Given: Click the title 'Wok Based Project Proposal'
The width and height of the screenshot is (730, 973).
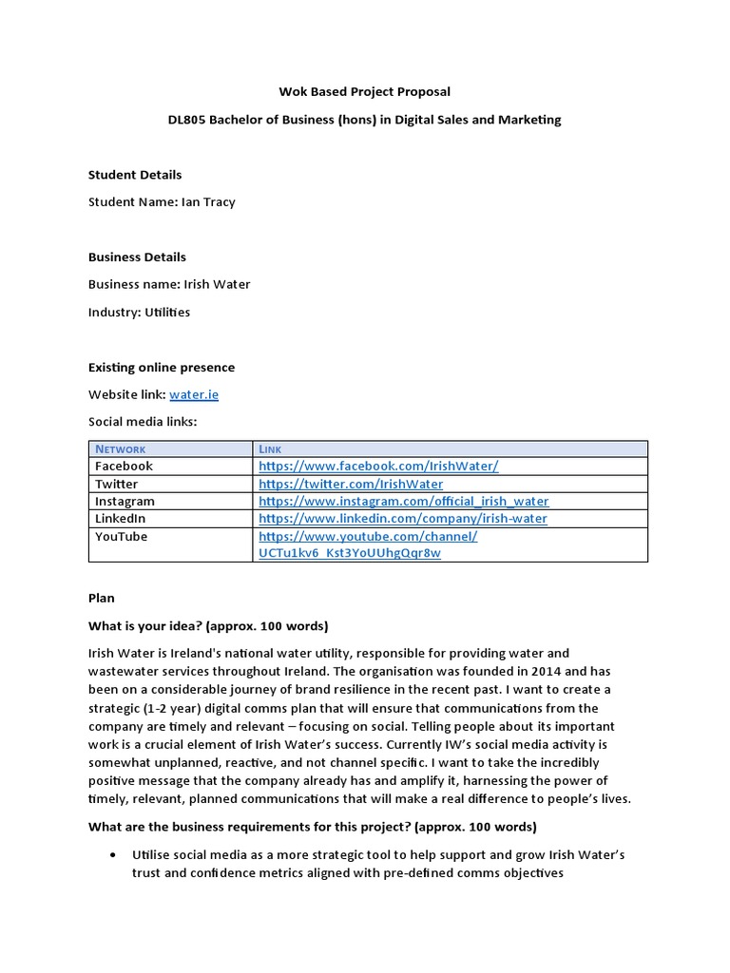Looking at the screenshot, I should pos(364,92).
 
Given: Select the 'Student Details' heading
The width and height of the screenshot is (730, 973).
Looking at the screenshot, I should pos(135,175).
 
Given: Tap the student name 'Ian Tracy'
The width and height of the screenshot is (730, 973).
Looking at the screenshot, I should pos(208,201).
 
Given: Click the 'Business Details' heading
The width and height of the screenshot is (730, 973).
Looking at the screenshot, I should pos(137,258).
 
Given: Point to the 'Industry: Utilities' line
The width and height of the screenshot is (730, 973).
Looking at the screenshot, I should pos(139,313).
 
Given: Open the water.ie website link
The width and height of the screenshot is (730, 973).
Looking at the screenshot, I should pos(194,394).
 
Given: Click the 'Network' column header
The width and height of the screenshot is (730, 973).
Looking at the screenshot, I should pos(120,448).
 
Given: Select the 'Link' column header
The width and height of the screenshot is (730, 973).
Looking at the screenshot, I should pos(270,448).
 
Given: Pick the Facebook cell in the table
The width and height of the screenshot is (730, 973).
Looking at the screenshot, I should pos(124,466).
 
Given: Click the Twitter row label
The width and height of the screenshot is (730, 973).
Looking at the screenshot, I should pos(116,484).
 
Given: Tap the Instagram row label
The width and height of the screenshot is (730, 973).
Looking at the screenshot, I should pos(125,501).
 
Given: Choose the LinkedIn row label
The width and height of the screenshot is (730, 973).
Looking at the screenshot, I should pos(121,519).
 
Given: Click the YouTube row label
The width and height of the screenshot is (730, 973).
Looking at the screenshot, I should pos(121,537).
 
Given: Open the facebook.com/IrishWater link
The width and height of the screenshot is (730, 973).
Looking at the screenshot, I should pos(378,466).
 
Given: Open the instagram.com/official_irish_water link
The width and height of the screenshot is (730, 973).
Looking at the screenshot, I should pos(403,501).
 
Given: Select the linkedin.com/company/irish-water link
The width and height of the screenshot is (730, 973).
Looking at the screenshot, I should pos(402,519).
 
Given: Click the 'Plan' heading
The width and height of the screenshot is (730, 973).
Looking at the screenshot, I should pos(102,599).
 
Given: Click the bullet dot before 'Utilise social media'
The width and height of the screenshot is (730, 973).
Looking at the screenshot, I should pos(114,855).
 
